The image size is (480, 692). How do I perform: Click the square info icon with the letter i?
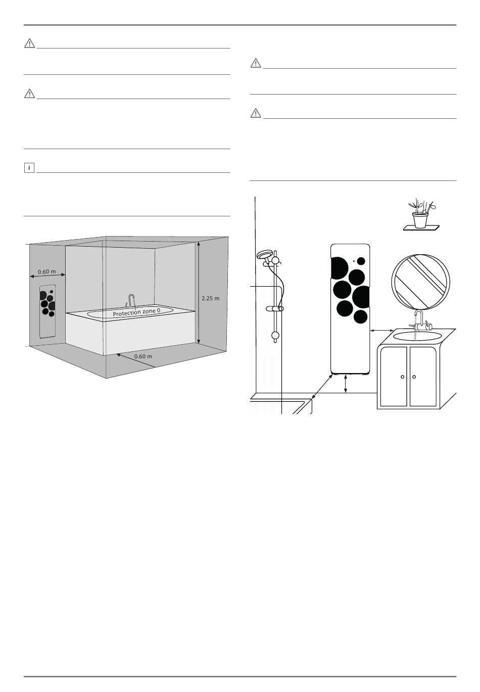(x=29, y=167)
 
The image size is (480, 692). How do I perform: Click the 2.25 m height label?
(x=210, y=298)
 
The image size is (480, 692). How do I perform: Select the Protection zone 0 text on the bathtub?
(x=139, y=313)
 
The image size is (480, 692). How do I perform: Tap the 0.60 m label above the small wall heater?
(x=46, y=271)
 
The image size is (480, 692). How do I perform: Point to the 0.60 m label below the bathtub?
(x=143, y=356)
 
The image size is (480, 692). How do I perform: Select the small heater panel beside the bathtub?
(x=48, y=311)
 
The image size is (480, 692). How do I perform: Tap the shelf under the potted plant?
(x=421, y=228)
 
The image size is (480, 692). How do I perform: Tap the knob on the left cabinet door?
(x=402, y=377)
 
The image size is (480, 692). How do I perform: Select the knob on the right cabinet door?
(x=414, y=377)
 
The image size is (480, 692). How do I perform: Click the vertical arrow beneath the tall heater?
(x=346, y=383)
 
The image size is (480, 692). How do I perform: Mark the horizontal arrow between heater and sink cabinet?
(x=382, y=331)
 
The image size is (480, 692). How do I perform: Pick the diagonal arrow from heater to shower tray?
(x=322, y=386)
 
